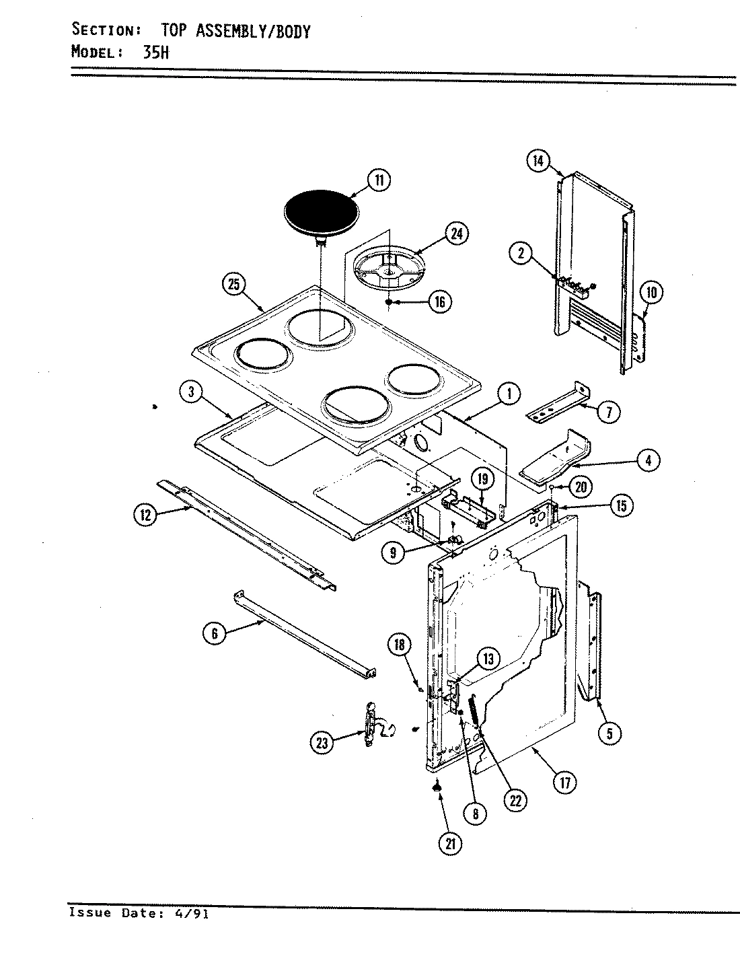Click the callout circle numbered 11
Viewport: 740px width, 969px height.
coord(379,180)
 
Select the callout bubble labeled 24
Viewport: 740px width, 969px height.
coord(457,234)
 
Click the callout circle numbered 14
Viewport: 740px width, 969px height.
coord(537,161)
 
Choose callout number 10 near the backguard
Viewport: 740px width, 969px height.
coord(651,292)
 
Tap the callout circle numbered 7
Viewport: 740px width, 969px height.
coord(609,411)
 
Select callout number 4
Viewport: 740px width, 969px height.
coord(648,461)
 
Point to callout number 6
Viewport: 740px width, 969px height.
coord(215,634)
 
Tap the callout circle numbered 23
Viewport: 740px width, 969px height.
coord(323,744)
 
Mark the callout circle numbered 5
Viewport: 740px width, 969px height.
coord(609,733)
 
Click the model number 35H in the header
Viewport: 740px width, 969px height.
coord(155,52)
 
